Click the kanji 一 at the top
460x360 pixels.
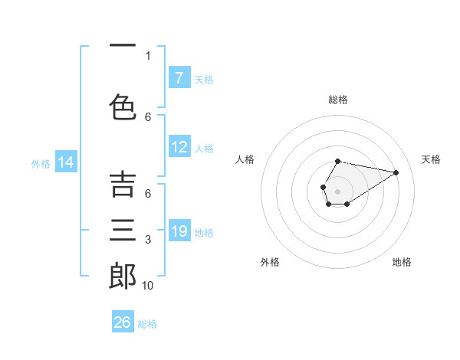pos(123,47)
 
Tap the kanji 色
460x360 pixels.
pos(123,107)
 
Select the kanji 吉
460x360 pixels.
pos(123,185)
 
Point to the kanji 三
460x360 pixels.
pos(123,231)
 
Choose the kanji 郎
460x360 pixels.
pos(123,277)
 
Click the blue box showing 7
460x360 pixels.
pos(179,78)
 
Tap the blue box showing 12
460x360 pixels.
pos(179,148)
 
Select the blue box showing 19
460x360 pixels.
pos(179,231)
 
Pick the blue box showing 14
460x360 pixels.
pos(66,162)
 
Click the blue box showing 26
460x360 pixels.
pos(123,322)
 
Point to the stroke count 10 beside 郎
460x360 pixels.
pos(147,286)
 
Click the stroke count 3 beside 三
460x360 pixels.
pos(148,241)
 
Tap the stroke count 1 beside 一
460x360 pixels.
pos(148,56)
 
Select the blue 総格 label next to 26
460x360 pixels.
pos(147,324)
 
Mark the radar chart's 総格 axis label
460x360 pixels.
pos(337,100)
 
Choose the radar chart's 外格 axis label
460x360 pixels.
pos(270,262)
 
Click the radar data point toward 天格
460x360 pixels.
pos(396,172)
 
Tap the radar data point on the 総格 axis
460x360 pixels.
pos(337,161)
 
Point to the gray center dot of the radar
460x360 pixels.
pos(337,191)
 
